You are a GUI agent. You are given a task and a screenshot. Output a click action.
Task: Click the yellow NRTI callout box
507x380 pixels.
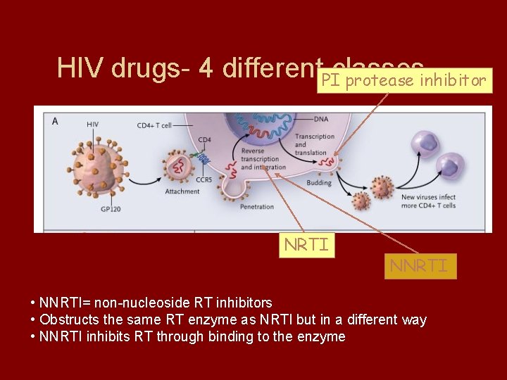pyautogui.click(x=306, y=245)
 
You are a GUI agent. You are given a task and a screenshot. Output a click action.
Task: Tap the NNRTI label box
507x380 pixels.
pyautogui.click(x=420, y=266)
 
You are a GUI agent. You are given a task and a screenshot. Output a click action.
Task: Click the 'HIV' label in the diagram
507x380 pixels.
pyautogui.click(x=93, y=124)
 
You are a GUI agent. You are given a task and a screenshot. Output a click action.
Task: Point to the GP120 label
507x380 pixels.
pyautogui.click(x=111, y=209)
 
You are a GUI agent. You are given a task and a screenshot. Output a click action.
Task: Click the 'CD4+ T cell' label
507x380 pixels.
pyautogui.click(x=154, y=125)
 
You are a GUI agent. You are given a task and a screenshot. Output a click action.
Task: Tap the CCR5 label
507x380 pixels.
pyautogui.click(x=205, y=180)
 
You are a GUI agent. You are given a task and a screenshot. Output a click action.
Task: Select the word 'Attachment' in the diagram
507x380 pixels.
pyautogui.click(x=182, y=191)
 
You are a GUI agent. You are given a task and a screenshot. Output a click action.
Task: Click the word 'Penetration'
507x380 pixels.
pyautogui.click(x=256, y=208)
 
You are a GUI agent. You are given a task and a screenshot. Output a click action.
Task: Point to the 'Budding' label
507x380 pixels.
pyautogui.click(x=318, y=183)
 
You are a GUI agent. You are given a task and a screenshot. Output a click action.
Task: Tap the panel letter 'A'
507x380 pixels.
pyautogui.click(x=55, y=121)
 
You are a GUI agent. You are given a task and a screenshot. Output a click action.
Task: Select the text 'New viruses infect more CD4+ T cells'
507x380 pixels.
pyautogui.click(x=427, y=201)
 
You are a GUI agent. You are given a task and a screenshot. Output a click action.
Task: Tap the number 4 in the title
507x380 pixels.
pyautogui.click(x=206, y=68)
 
